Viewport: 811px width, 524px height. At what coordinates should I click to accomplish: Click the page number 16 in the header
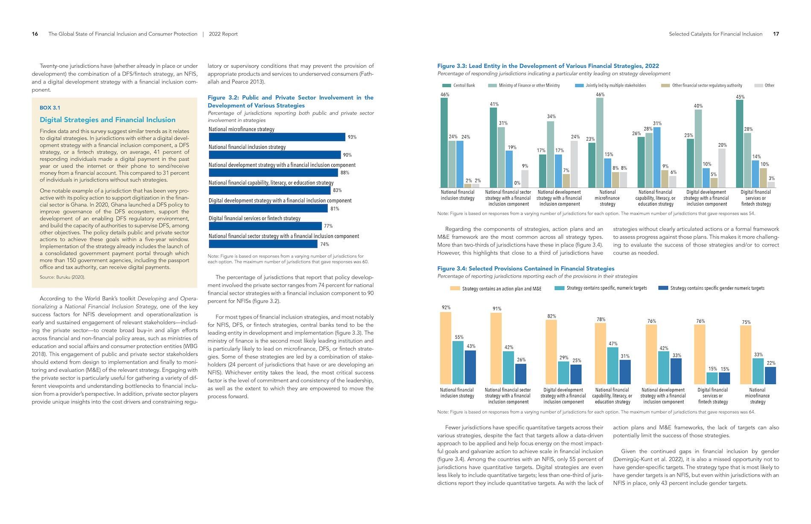(x=35, y=34)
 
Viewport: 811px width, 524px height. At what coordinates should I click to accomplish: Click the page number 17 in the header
(x=776, y=34)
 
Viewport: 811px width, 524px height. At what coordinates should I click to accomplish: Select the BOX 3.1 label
(x=50, y=108)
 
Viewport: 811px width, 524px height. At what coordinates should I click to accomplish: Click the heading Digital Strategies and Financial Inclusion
(x=108, y=120)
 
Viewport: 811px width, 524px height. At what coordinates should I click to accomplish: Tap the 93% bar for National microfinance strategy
(x=277, y=137)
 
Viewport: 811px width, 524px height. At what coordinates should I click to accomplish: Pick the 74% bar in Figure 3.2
(x=263, y=244)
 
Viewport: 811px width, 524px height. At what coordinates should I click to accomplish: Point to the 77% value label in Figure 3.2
(x=328, y=226)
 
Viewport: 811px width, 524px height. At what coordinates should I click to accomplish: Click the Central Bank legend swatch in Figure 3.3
(x=447, y=85)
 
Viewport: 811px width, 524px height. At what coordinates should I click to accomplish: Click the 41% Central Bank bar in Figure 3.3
(x=493, y=148)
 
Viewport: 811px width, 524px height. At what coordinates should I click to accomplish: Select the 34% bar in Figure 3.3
(x=551, y=154)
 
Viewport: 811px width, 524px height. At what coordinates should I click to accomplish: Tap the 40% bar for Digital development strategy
(x=698, y=149)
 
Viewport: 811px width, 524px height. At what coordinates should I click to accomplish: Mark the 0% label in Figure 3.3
(x=517, y=183)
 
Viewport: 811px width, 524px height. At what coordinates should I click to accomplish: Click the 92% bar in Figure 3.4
(x=446, y=348)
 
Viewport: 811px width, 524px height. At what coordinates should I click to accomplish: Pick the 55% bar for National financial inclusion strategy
(x=458, y=362)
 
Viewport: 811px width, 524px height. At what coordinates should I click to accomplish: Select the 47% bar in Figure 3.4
(x=613, y=365)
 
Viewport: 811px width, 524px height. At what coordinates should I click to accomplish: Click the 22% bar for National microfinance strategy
(x=770, y=376)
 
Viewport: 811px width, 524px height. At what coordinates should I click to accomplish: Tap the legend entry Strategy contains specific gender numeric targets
(x=712, y=288)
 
